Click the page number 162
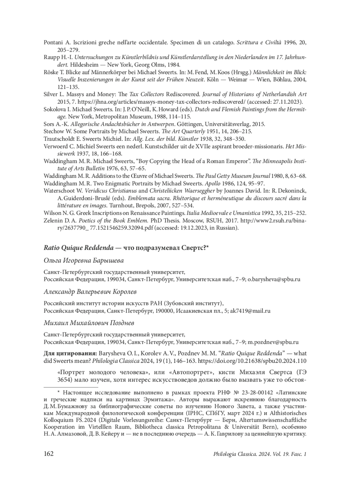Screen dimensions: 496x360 pyautogui.click(x=49, y=454)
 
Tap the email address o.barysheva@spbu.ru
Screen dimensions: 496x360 pyautogui.click(x=274, y=279)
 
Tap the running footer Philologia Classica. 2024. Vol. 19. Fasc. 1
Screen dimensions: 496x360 pyautogui.click(x=259, y=454)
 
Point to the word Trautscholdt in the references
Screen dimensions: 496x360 pyautogui.click(x=59, y=139)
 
